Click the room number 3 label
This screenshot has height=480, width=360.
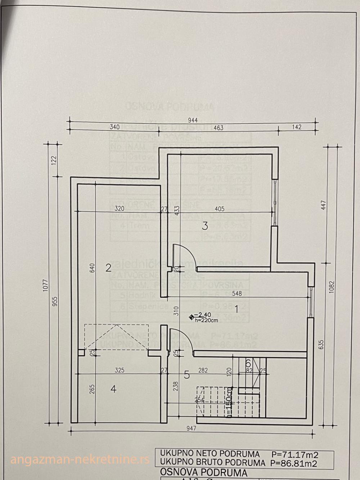click(204, 226)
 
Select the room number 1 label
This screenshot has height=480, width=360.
click(237, 309)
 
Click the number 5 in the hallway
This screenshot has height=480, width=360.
click(186, 375)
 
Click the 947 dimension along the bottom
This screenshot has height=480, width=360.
click(193, 429)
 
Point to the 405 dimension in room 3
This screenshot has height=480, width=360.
click(219, 208)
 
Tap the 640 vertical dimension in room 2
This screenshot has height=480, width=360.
click(92, 267)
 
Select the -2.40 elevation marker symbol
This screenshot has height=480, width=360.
click(191, 317)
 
